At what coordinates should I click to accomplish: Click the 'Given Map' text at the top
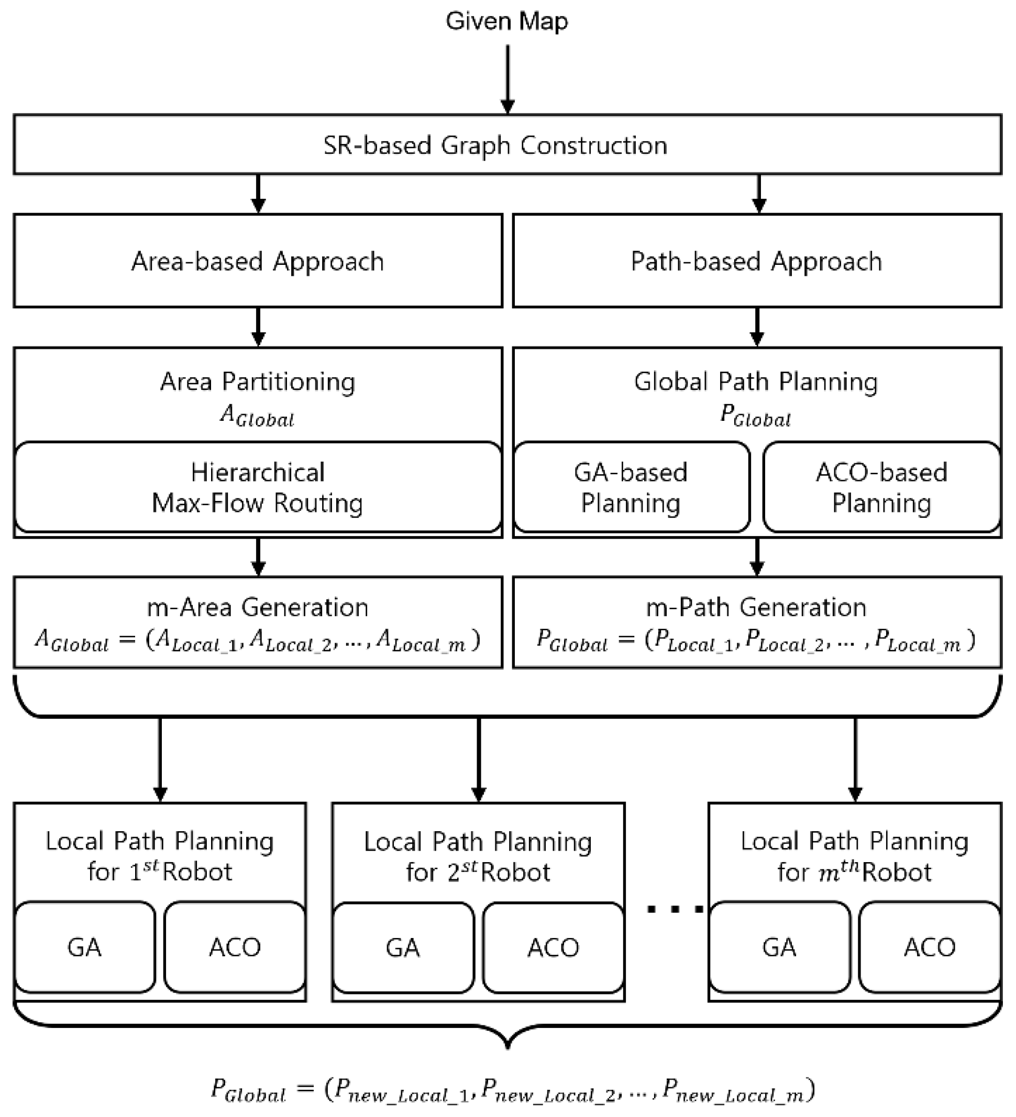506,21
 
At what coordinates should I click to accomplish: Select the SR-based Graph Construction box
506,145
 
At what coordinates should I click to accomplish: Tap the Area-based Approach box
258,261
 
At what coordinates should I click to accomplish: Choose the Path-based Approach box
757,261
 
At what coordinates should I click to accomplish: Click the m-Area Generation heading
258,608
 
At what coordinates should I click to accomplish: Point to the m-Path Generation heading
757,608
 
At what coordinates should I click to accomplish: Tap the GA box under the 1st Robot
85,947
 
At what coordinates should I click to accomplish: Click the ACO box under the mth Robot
930,947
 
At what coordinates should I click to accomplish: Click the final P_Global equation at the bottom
513,1090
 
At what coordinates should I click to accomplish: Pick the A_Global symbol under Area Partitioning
258,416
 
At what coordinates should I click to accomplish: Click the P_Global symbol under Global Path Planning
756,416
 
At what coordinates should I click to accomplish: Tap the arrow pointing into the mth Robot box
855,759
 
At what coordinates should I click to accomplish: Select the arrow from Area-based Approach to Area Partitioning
258,327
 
